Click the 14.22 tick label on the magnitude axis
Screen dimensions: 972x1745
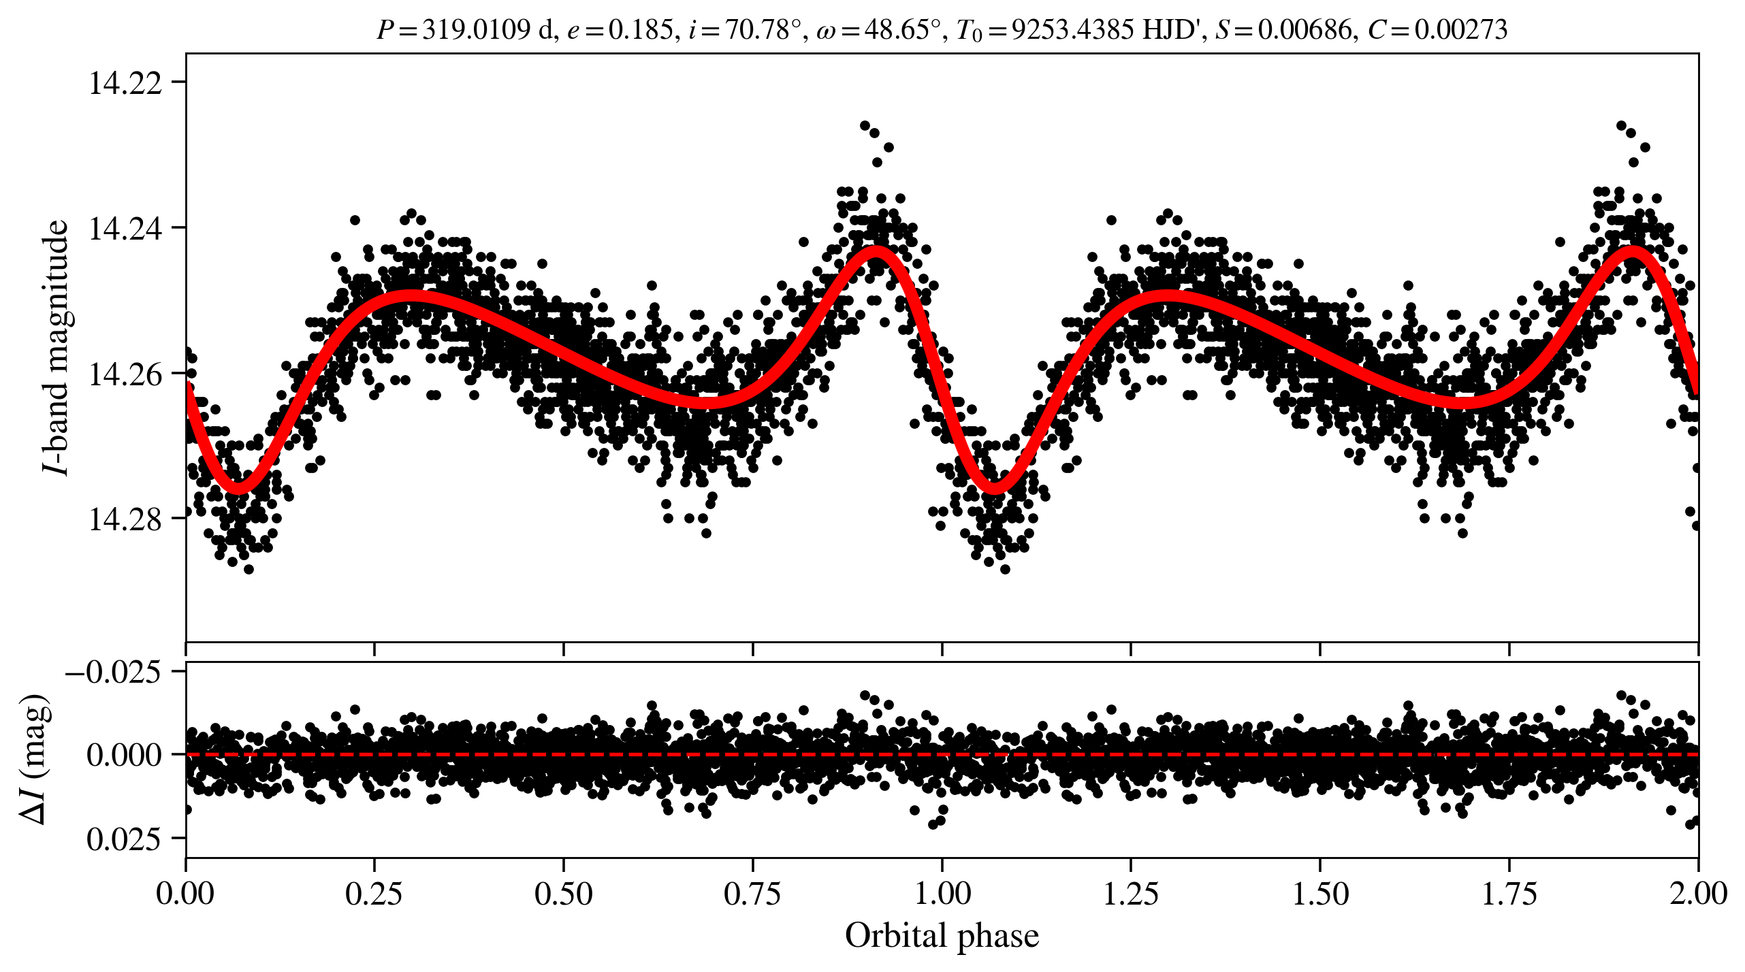tap(125, 83)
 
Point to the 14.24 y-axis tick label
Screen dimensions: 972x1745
tap(125, 229)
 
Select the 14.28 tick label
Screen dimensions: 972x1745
tap(125, 519)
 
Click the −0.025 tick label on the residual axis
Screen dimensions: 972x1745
tap(114, 673)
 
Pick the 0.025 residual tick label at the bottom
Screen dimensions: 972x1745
tap(124, 839)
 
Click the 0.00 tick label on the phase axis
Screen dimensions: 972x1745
tap(185, 893)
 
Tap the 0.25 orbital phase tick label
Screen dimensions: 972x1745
tap(374, 893)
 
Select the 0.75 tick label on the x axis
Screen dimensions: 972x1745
tap(752, 893)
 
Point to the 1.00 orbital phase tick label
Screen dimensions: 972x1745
tap(942, 893)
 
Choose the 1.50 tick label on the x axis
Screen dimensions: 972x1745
tap(1320, 893)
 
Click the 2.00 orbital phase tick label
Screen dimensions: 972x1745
tap(1698, 893)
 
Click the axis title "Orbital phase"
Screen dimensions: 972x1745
tap(942, 936)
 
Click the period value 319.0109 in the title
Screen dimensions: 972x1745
tap(476, 30)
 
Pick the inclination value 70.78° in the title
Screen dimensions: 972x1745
tap(761, 30)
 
